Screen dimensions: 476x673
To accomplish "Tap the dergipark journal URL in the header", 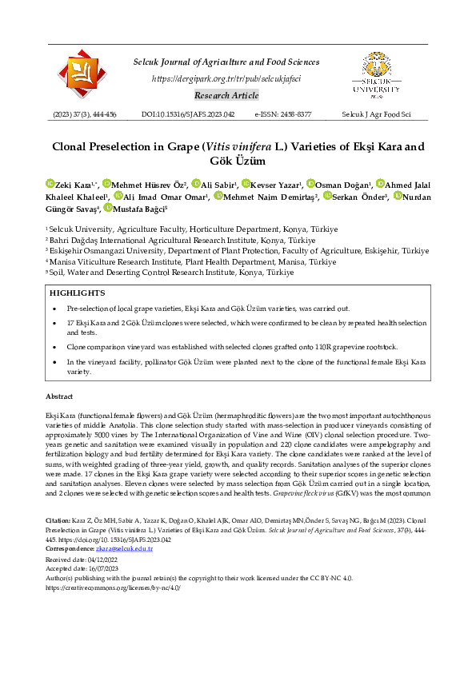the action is [x=226, y=78].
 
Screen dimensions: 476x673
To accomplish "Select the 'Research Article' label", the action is [x=226, y=96].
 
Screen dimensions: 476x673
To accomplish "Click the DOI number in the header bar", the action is [x=188, y=115].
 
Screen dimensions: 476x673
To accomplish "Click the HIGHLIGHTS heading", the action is [x=77, y=293].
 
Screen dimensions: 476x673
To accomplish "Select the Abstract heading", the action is [x=59, y=396].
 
